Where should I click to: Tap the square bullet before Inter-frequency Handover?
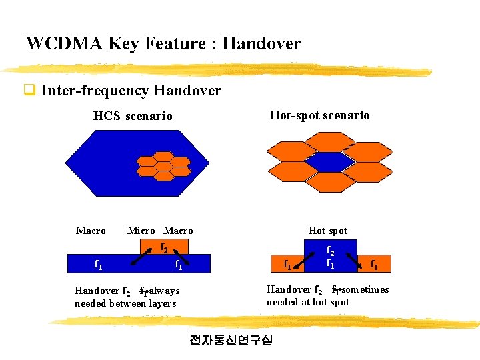[29, 90]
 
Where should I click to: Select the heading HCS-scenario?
[133, 116]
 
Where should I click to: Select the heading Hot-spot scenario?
[319, 115]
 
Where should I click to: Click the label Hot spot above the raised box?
[328, 231]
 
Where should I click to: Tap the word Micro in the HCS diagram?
[141, 231]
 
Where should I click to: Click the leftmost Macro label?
[91, 231]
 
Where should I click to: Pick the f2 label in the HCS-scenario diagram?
[163, 247]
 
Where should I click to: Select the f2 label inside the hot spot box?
[329, 251]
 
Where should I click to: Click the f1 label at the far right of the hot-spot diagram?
[375, 265]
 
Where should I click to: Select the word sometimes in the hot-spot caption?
[365, 289]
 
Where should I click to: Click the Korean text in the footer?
[231, 340]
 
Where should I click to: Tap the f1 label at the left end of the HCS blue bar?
[98, 265]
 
